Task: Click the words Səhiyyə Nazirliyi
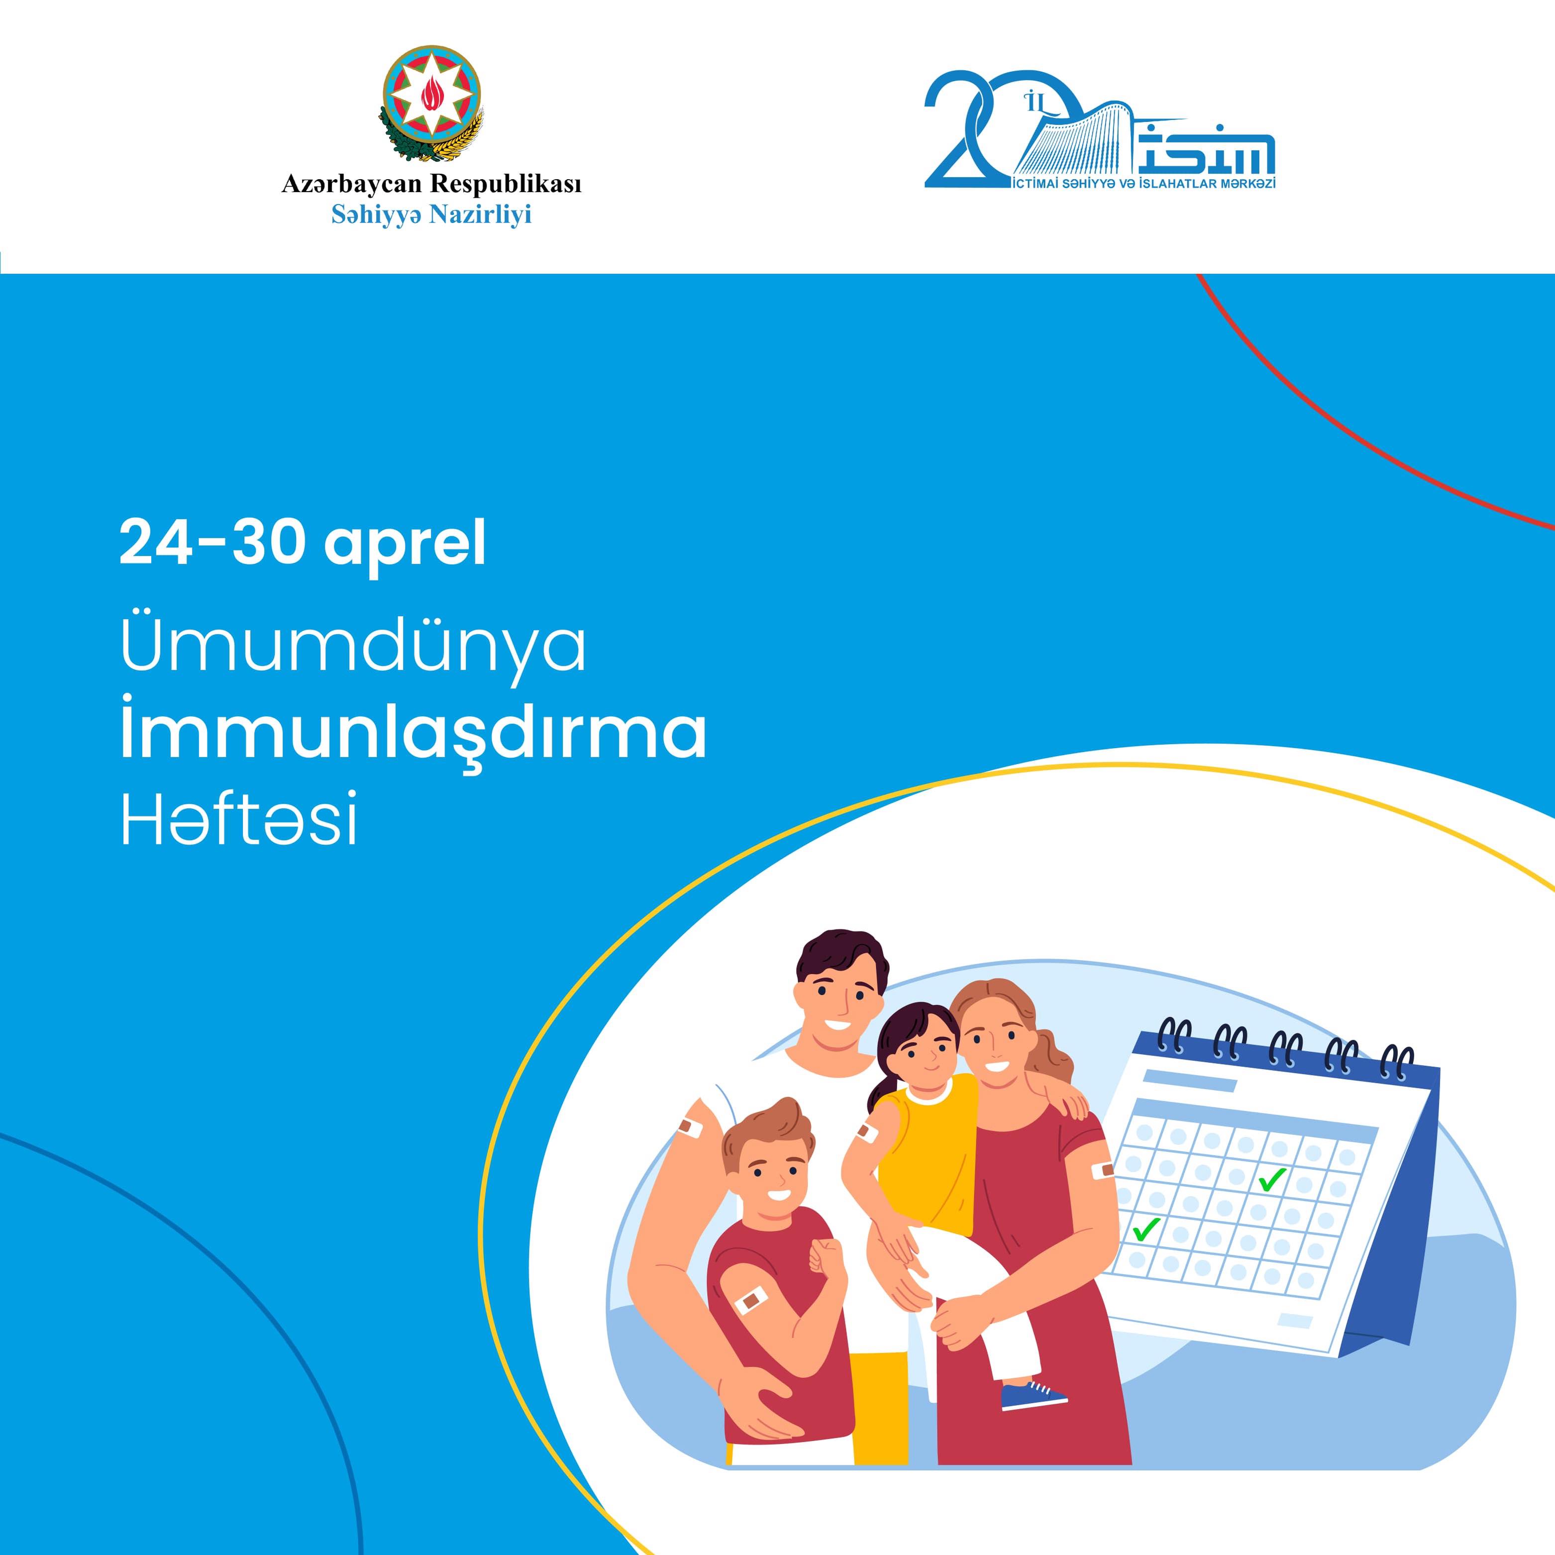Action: click(431, 215)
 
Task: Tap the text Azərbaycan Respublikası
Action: click(431, 184)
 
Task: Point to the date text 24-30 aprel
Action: click(303, 544)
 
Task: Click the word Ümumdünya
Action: click(352, 646)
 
